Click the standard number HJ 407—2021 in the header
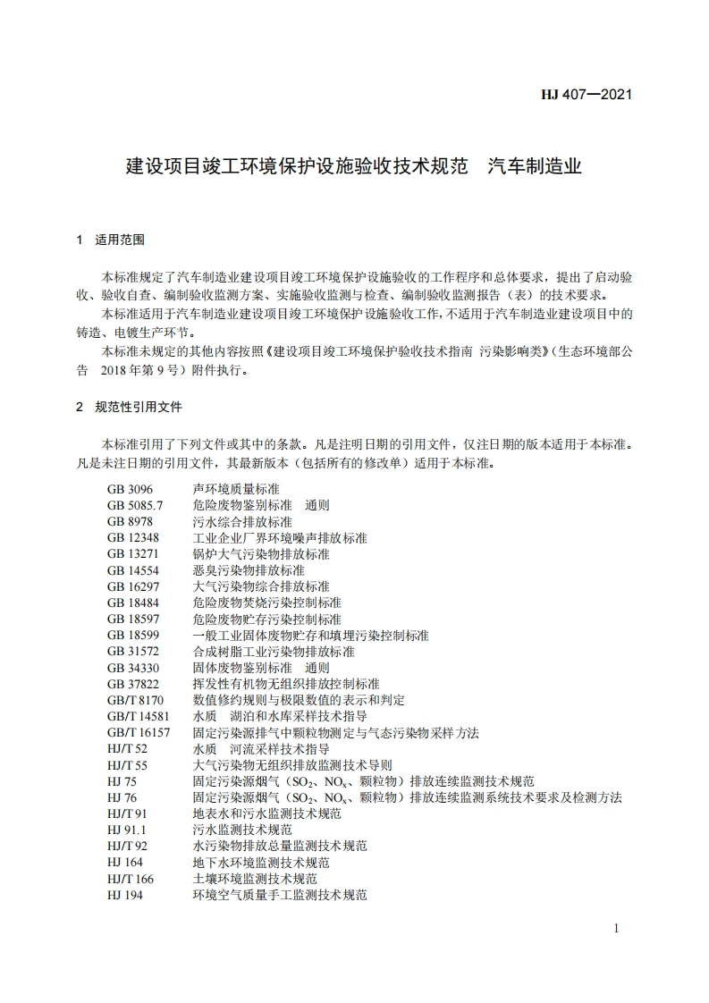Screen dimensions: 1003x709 [587, 94]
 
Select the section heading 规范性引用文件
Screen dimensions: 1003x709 [139, 407]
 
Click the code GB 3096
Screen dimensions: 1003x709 [130, 490]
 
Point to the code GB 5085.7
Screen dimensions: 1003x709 [135, 506]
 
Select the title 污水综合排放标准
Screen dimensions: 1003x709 [241, 522]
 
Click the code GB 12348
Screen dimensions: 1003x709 [133, 538]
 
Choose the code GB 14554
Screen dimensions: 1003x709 [133, 570]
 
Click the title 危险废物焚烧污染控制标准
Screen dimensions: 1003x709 [266, 603]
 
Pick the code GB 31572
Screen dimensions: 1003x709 [133, 652]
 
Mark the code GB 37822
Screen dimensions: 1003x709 [133, 684]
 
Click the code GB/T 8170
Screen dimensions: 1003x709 [135, 700]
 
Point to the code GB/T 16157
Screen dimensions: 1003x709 [139, 732]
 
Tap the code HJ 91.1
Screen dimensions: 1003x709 [125, 830]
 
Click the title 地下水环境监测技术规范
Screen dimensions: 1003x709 [260, 863]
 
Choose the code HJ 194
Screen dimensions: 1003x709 [124, 895]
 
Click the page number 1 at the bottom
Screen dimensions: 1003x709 [617, 930]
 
